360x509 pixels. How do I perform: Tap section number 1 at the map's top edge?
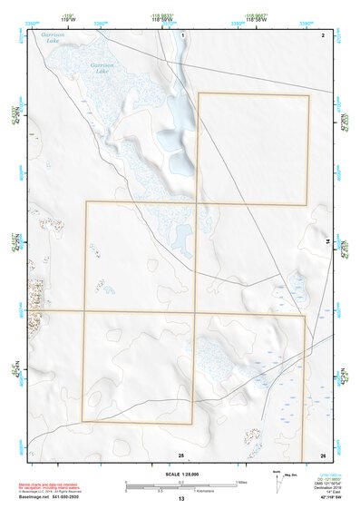click(x=182, y=34)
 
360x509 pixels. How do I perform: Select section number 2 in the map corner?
click(x=322, y=34)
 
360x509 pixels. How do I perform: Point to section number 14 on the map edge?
click(x=326, y=242)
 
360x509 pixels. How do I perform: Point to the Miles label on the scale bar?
click(x=241, y=481)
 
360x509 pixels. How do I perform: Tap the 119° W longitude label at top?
click(x=68, y=17)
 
